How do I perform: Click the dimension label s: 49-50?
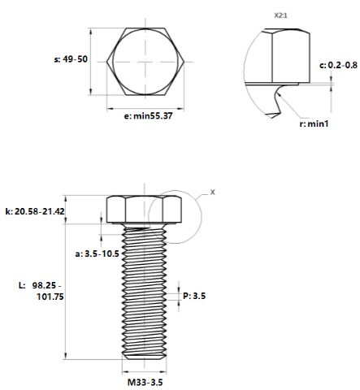pos(71,59)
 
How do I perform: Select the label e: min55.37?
pos(148,116)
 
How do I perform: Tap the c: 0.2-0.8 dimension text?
pos(338,65)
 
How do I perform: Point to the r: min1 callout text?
pos(314,123)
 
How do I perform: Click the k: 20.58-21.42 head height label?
pos(35,211)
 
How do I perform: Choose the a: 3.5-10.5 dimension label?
pos(97,253)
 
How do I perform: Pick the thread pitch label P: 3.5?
pos(194,296)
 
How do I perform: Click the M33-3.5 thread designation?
pos(145,383)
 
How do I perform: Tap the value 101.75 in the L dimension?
pos(50,297)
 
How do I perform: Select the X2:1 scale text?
pos(280,15)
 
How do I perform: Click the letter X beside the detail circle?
pos(213,192)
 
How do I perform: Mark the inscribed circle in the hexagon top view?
pos(113,62)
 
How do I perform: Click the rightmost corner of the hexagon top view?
pos(184,62)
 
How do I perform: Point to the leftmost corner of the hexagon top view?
pos(106,62)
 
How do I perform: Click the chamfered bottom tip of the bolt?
pos(144,357)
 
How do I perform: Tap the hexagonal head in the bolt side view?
pos(144,210)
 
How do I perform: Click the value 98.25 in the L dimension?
pos(44,285)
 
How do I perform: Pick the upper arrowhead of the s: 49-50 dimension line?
pos(91,32)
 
